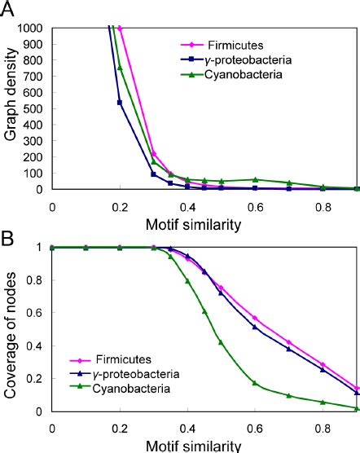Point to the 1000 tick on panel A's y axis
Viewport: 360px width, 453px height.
tap(33, 28)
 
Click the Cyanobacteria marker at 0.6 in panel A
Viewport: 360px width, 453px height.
tap(256, 179)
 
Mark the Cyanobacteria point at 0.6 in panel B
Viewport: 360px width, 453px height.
tap(256, 383)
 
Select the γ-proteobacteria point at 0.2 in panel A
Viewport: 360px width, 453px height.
tap(121, 102)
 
